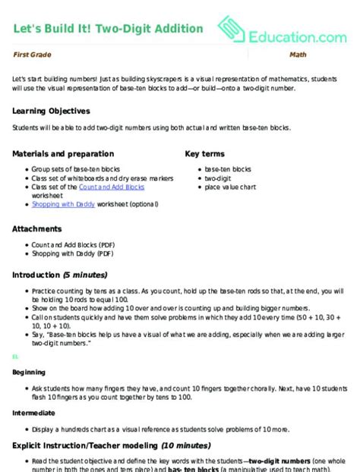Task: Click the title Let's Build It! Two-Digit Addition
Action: [x=108, y=29]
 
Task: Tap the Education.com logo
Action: [x=282, y=31]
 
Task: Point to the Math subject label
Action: [x=297, y=55]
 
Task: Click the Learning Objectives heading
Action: [x=52, y=110]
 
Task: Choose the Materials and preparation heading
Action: [x=61, y=153]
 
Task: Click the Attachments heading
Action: [x=39, y=228]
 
